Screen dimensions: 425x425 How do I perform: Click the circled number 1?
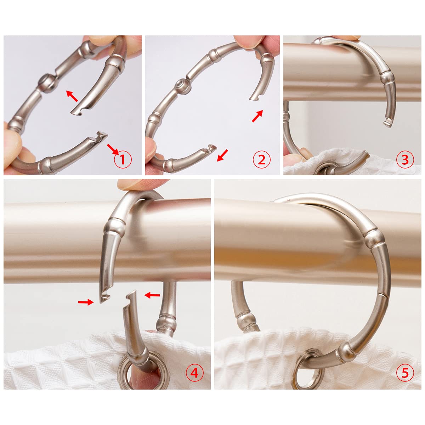(123, 160)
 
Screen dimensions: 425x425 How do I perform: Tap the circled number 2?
(261, 160)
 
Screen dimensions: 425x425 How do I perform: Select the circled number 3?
(405, 160)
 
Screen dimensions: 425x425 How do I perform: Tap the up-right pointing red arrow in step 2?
(257, 116)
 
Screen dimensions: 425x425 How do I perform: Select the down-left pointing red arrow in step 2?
(222, 155)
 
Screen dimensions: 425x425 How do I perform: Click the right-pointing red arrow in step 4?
(85, 302)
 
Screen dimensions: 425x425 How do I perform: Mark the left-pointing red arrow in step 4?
(152, 294)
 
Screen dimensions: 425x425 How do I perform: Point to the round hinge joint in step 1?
(46, 80)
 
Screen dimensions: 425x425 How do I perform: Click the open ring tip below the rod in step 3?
(387, 123)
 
